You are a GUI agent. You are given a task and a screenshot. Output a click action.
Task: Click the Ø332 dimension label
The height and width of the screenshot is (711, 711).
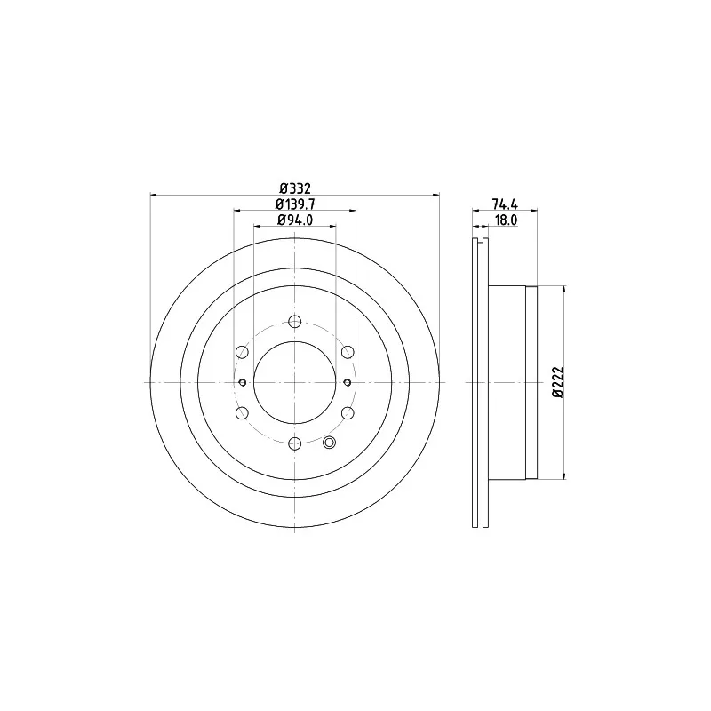(x=295, y=188)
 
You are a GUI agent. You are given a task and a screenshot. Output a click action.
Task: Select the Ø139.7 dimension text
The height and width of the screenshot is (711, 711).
(x=295, y=204)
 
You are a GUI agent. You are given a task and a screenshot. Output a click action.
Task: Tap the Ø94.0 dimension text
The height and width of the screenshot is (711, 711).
(x=295, y=220)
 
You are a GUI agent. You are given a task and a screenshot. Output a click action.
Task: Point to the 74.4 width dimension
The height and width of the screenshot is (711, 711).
(x=505, y=204)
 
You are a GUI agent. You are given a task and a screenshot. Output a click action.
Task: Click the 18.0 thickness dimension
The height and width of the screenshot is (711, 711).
(x=506, y=220)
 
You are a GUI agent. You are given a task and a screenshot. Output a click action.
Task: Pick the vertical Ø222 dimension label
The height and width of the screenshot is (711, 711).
(x=558, y=382)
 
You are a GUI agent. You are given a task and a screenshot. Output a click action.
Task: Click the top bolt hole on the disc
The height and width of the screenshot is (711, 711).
(x=295, y=322)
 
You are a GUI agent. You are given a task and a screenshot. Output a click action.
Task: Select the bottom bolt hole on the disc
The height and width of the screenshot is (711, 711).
(x=295, y=443)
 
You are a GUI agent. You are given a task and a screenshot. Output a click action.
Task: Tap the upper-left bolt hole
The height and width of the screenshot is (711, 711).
(x=242, y=352)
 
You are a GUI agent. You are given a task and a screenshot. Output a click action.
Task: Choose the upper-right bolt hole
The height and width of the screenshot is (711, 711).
(x=348, y=352)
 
